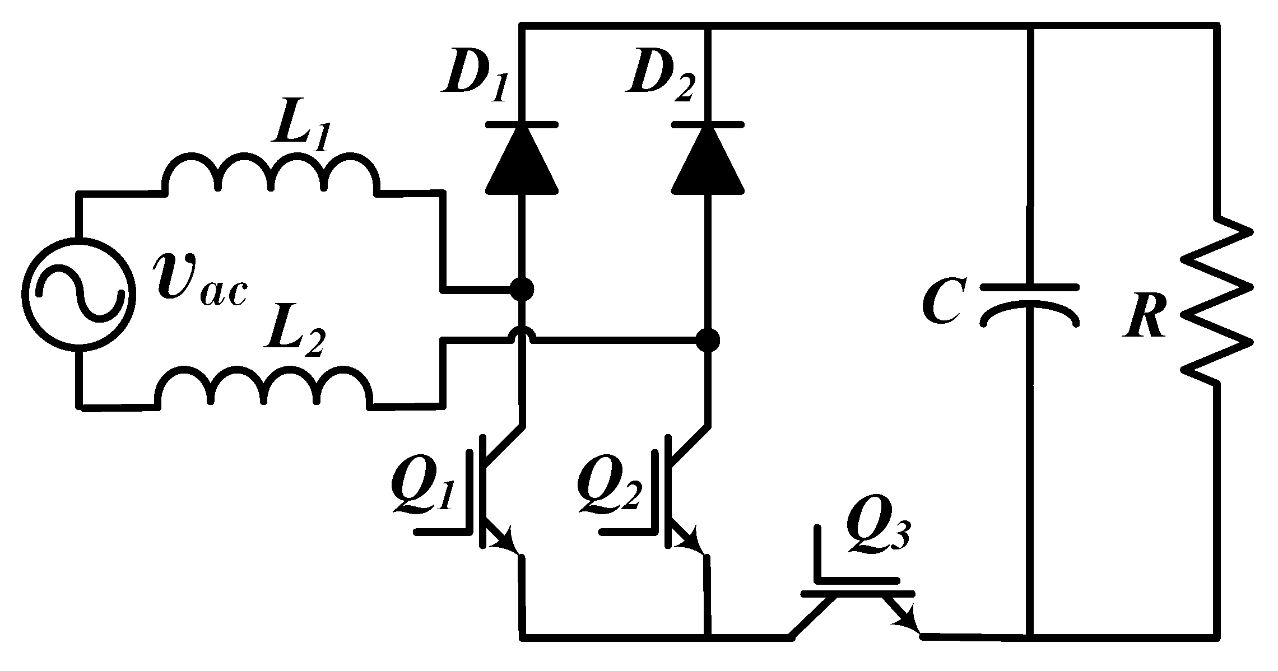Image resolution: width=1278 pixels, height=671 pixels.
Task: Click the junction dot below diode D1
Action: pyautogui.click(x=522, y=290)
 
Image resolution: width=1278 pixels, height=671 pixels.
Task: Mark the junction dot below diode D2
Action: pyautogui.click(x=708, y=339)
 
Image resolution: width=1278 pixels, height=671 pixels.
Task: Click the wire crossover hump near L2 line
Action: pyautogui.click(x=522, y=334)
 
